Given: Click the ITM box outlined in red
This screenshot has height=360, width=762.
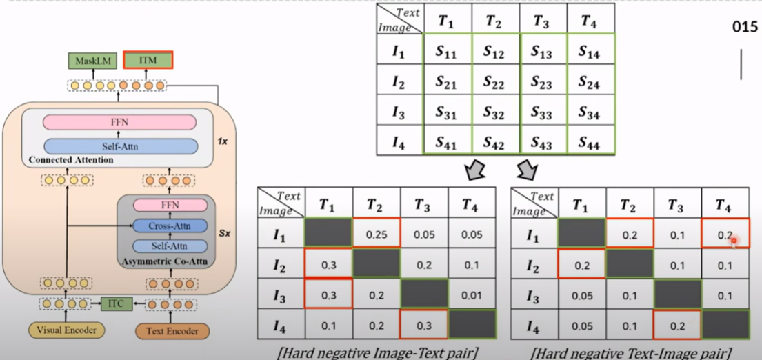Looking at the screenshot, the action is click(147, 60).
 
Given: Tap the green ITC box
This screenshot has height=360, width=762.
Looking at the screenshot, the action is click(115, 303).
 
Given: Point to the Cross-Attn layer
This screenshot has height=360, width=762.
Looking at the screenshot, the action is click(169, 226).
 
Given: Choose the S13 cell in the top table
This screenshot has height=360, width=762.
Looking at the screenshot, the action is click(541, 52).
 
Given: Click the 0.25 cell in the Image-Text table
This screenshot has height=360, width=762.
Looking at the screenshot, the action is click(377, 234).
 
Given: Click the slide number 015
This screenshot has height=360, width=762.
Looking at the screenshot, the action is click(743, 28).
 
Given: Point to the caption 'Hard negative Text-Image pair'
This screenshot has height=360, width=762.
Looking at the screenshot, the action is click(631, 353).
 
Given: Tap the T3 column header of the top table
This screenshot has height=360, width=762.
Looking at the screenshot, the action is click(541, 21).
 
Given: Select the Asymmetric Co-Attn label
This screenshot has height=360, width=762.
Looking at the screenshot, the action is click(163, 262).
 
